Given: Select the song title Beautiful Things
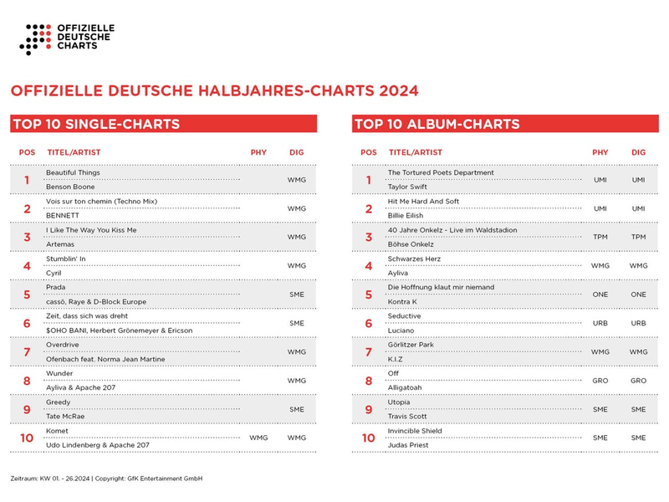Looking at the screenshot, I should pyautogui.click(x=72, y=172).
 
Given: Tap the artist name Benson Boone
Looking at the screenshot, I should pyautogui.click(x=70, y=187).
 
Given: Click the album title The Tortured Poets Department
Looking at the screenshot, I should pyautogui.click(x=441, y=172).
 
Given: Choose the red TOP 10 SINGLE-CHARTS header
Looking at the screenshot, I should pyautogui.click(x=163, y=124).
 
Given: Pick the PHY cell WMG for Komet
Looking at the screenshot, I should pyautogui.click(x=258, y=438).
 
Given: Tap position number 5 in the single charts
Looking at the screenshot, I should pyautogui.click(x=27, y=295).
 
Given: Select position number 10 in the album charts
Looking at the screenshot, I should pyautogui.click(x=369, y=438).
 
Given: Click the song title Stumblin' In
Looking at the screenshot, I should pyautogui.click(x=65, y=259).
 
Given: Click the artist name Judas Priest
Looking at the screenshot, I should pyautogui.click(x=409, y=445).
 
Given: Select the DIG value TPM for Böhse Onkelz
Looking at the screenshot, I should pyautogui.click(x=639, y=237).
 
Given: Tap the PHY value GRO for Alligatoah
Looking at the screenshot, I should pyautogui.click(x=600, y=381).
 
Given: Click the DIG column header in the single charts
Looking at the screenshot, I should pyautogui.click(x=296, y=152).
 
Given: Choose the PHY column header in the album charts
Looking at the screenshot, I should pyautogui.click(x=600, y=152).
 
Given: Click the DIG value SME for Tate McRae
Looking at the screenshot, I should pyautogui.click(x=296, y=409).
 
